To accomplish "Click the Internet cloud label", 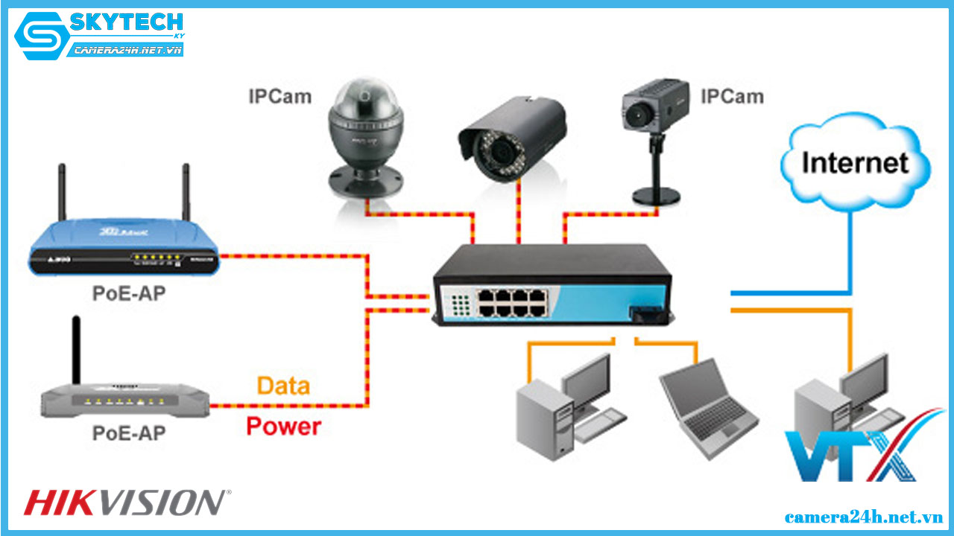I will coord(855,162).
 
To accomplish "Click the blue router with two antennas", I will coord(123,249).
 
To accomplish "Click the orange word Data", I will coord(283,386).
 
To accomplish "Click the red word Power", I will coord(283,427).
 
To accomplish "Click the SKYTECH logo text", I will coord(127,23).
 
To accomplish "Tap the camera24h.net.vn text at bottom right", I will coord(864,516).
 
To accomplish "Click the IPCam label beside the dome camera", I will coord(279,96).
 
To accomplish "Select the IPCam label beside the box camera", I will coord(732,96).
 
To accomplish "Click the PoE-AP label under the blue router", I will coord(128,293).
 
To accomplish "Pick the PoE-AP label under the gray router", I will coord(128,433).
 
